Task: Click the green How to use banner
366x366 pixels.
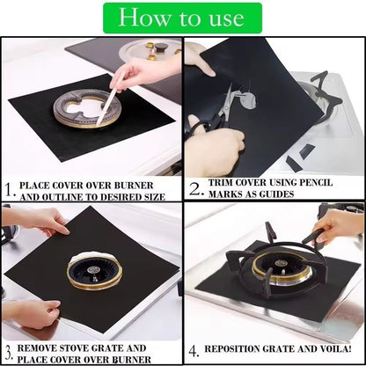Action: pos(182,18)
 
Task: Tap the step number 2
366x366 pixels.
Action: pos(195,187)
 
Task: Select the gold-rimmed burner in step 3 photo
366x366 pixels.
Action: pos(93,272)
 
